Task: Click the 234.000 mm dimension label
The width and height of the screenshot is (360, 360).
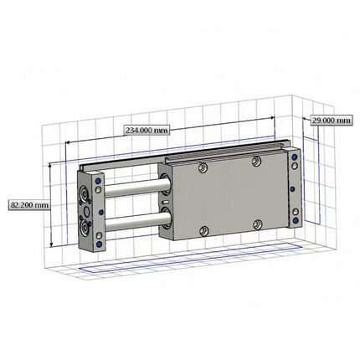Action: tap(147, 130)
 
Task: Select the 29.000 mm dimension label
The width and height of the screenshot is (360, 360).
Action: tap(331, 121)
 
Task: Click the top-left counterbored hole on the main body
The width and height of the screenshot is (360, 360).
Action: tap(202, 168)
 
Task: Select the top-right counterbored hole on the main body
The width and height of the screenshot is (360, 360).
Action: tap(256, 161)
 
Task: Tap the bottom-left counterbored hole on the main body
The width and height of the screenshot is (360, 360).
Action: tap(202, 232)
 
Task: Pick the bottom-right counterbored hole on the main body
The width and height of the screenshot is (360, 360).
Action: tap(257, 224)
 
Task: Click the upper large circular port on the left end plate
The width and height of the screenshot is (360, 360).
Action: tap(85, 196)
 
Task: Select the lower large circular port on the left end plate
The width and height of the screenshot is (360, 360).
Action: tap(85, 226)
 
